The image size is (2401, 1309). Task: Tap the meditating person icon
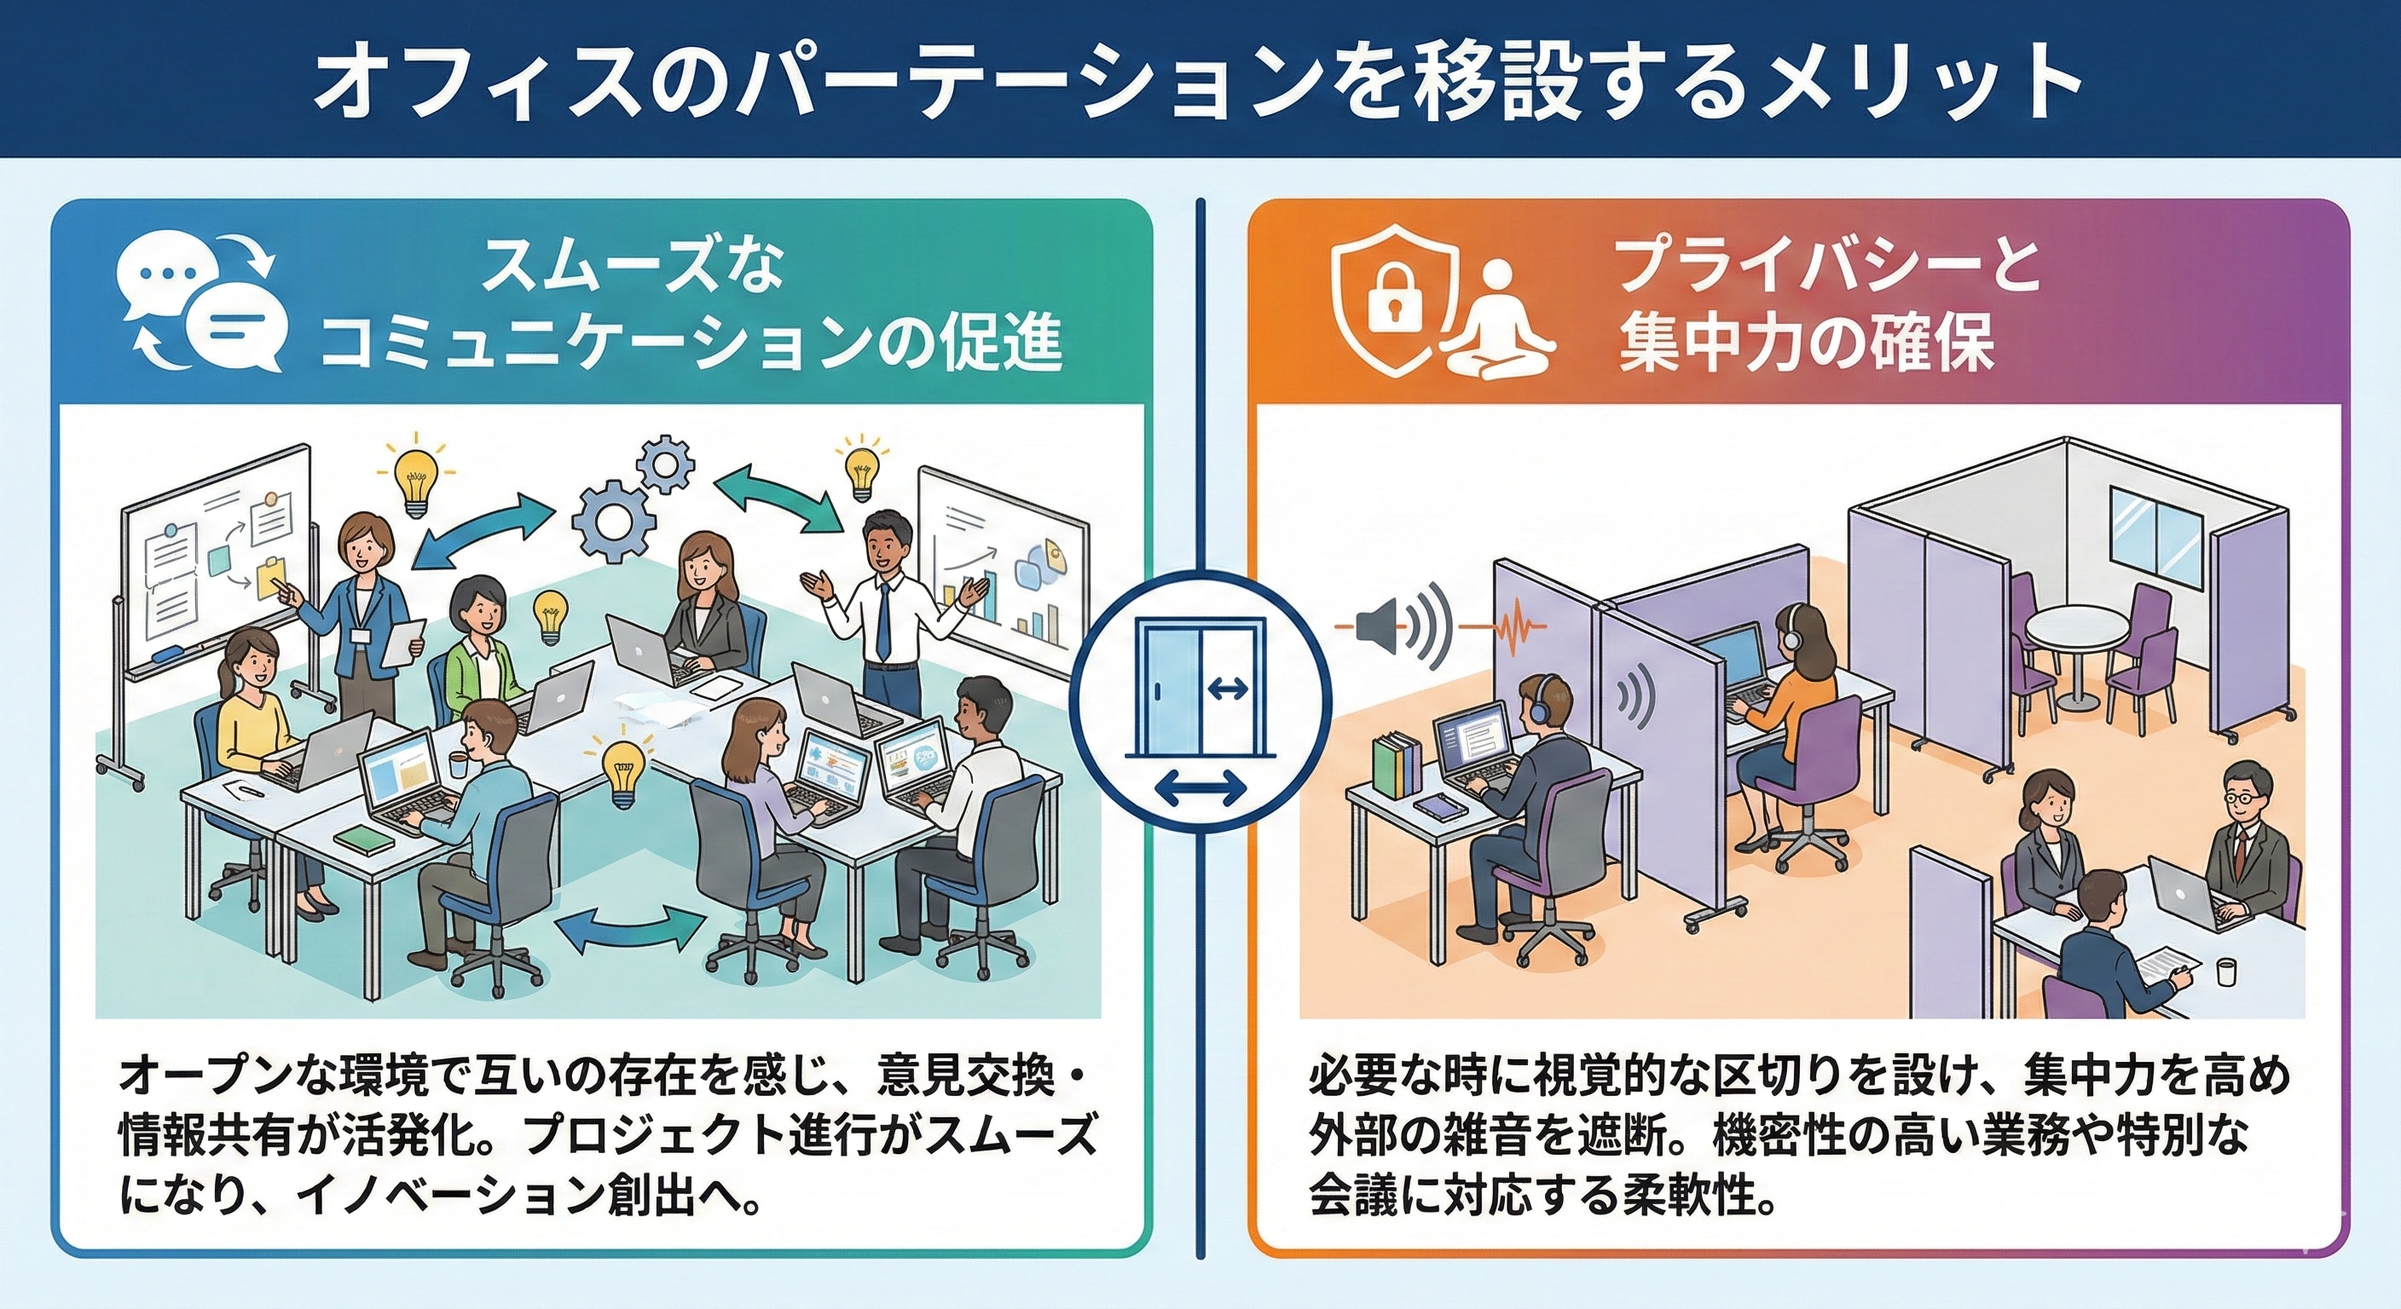(x=1498, y=321)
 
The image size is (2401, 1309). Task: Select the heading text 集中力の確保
(x=1808, y=344)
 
